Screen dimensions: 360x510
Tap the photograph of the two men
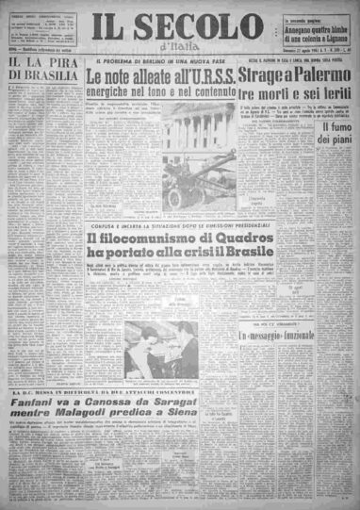[160, 351]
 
